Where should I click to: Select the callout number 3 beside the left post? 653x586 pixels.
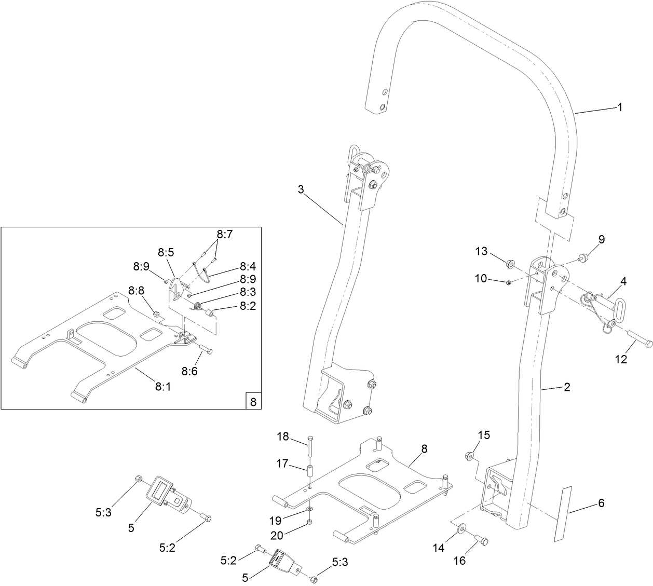click(301, 189)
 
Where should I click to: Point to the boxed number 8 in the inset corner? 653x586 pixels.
click(253, 401)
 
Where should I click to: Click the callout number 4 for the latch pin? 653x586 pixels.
click(623, 281)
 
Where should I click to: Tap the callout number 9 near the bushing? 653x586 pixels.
click(601, 239)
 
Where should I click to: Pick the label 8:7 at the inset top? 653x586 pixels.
click(225, 235)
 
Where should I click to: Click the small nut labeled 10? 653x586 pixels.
click(509, 282)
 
